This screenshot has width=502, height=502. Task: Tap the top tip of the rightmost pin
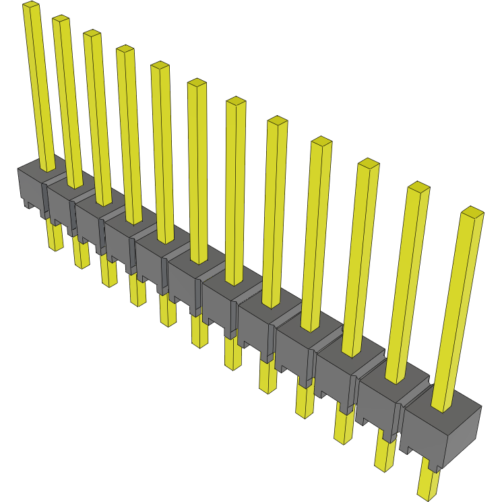pyautogui.click(x=473, y=212)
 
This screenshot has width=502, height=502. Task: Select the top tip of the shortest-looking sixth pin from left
pyautogui.click(x=197, y=83)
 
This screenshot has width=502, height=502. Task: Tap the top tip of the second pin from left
pyautogui.click(x=61, y=20)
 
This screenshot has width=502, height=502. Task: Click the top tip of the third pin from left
pyautogui.click(x=92, y=34)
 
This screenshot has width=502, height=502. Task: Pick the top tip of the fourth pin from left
pyautogui.click(x=125, y=49)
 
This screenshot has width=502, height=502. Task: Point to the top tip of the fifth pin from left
pyautogui.click(x=160, y=65)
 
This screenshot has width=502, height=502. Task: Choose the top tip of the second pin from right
pyautogui.click(x=418, y=187)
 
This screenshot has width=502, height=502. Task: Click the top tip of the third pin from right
pyautogui.click(x=369, y=163)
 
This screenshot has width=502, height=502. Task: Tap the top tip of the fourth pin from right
pyautogui.click(x=321, y=141)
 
